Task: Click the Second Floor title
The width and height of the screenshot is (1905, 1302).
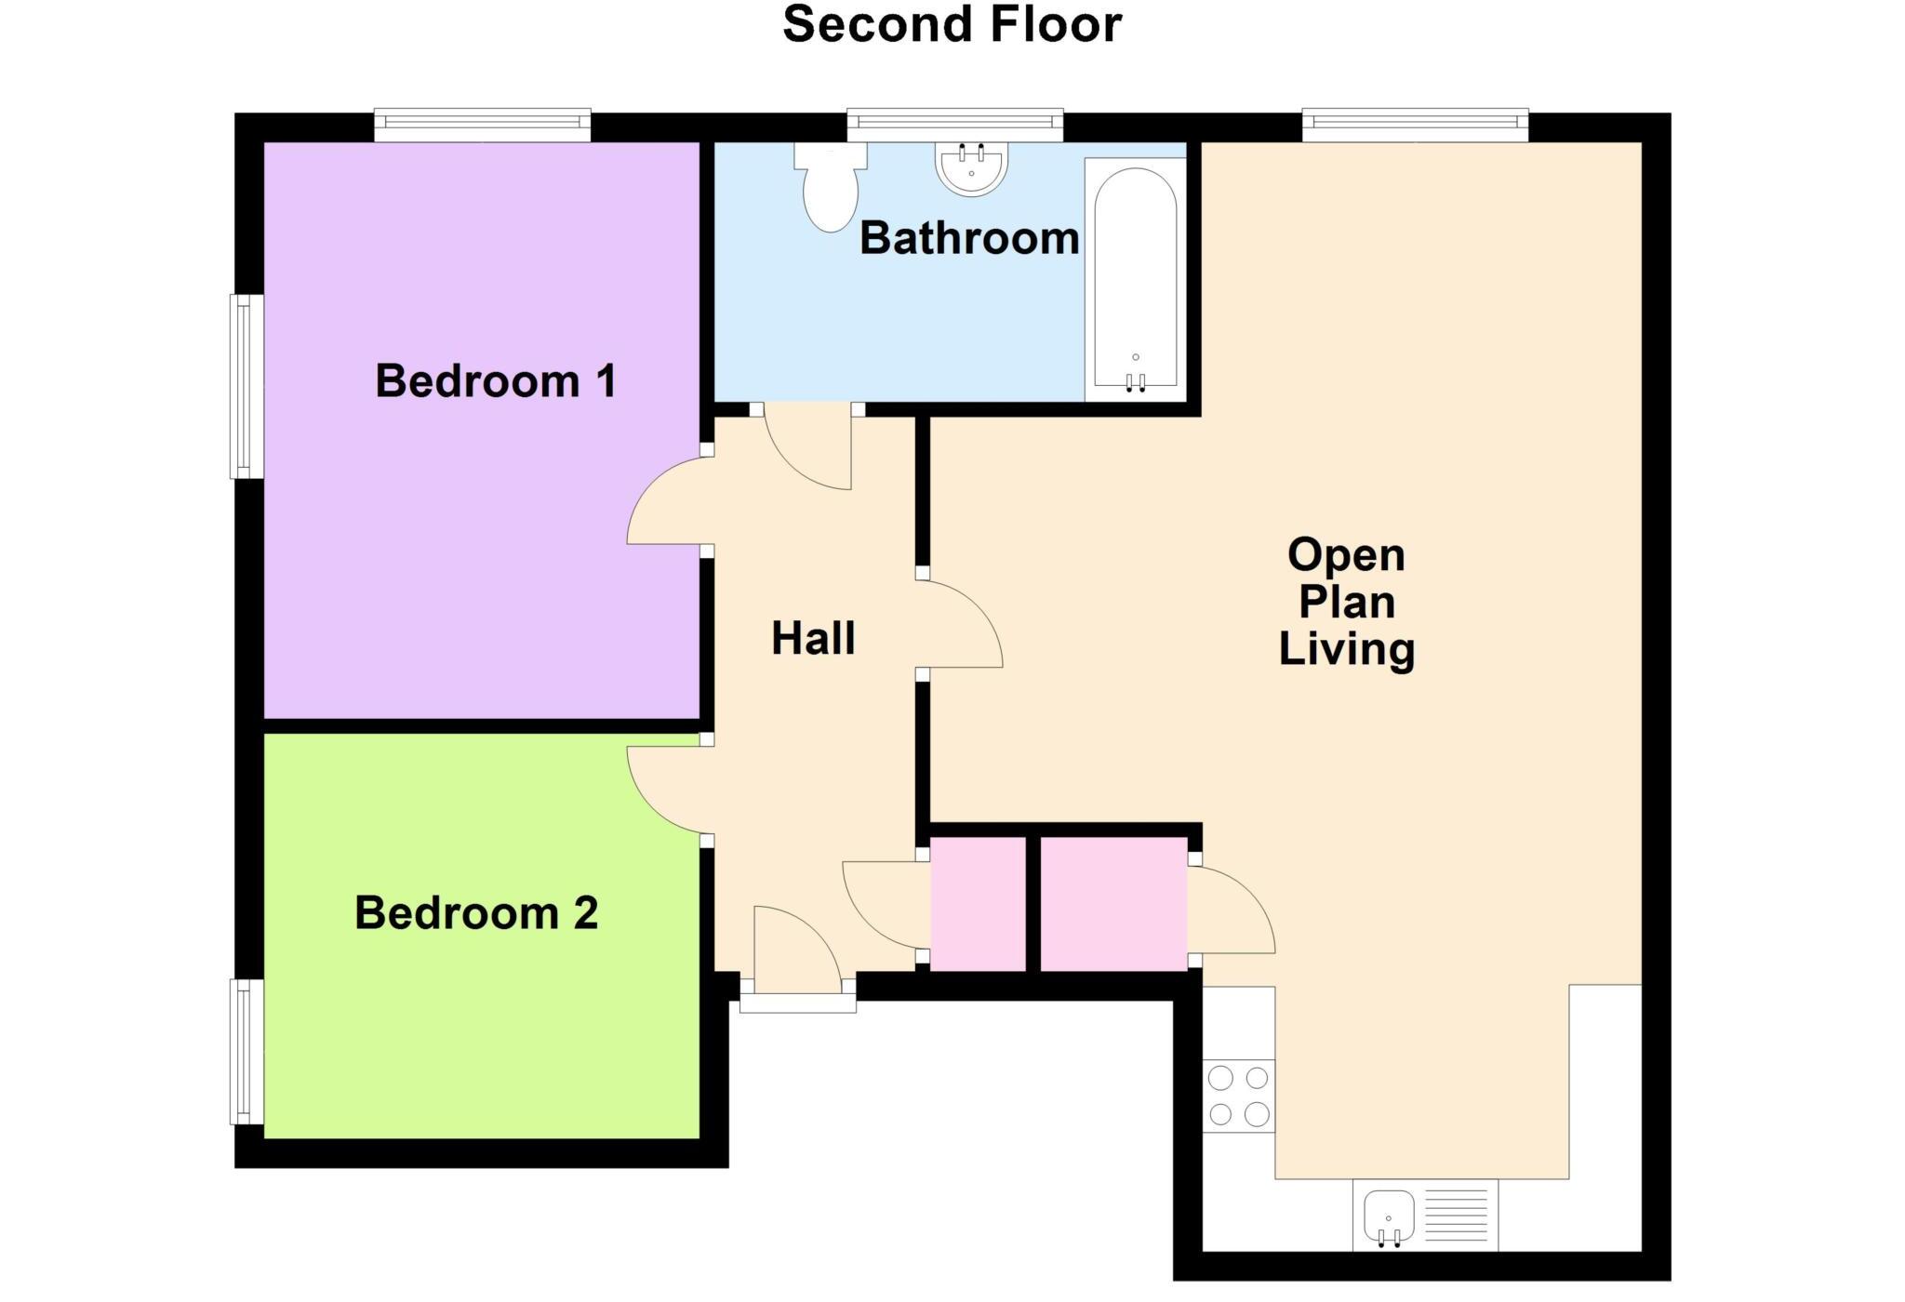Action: [x=952, y=25]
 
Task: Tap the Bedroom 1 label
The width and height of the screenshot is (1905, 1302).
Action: [x=495, y=381]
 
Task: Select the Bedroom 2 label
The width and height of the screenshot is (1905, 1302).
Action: [x=475, y=913]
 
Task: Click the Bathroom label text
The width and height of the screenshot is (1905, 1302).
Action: [x=968, y=239]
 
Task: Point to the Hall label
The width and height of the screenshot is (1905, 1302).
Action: [x=813, y=639]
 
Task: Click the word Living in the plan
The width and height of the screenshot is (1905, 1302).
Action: [x=1346, y=649]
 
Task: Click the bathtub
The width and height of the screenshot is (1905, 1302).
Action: [x=1135, y=279]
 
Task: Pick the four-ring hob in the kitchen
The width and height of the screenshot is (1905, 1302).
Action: [x=1238, y=1096]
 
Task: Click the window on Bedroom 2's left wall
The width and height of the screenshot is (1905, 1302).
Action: [x=246, y=1052]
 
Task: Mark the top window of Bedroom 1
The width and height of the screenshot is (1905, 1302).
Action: [x=482, y=126]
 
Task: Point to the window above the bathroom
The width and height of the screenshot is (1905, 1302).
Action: [x=954, y=126]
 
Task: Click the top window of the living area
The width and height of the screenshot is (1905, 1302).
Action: [x=1415, y=126]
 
